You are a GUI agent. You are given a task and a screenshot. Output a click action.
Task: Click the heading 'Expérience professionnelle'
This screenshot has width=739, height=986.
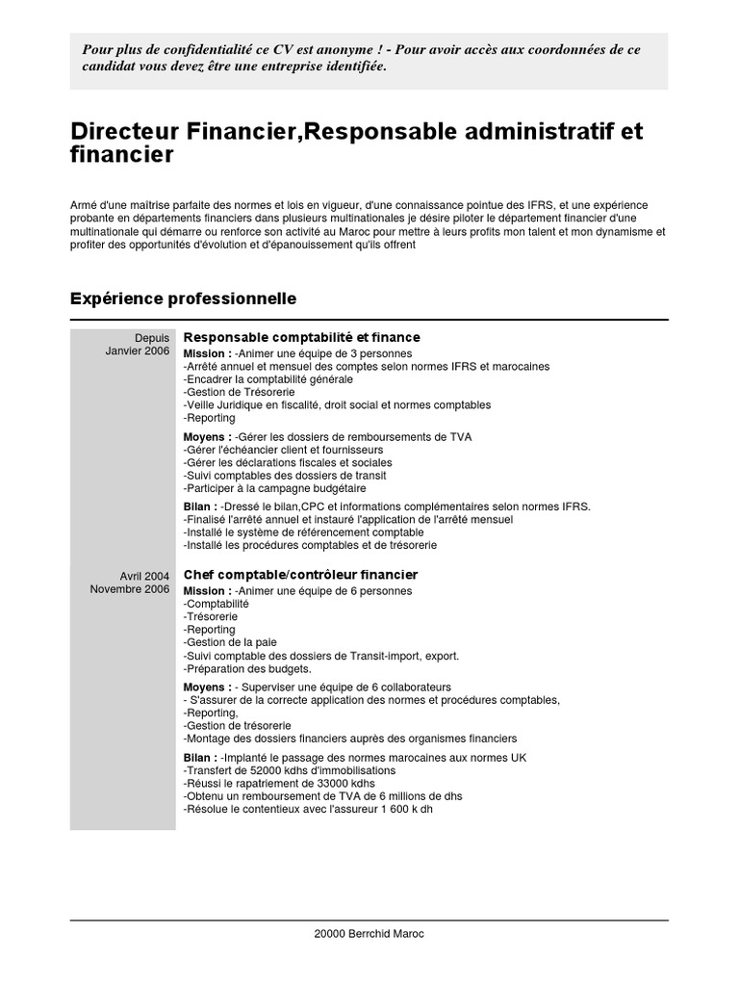(x=183, y=299)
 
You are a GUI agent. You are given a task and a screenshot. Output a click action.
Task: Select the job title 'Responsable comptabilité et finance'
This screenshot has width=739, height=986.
(x=301, y=337)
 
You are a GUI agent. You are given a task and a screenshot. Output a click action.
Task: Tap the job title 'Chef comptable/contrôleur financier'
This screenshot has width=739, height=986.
(x=300, y=575)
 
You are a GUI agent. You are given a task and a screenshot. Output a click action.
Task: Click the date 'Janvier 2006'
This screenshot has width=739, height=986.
(x=138, y=351)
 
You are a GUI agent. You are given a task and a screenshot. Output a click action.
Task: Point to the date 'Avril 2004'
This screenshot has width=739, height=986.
(x=144, y=576)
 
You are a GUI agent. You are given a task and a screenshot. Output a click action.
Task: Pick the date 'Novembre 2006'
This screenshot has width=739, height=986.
(x=130, y=589)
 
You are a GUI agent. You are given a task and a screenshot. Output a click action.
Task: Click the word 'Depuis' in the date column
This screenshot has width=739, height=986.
(x=152, y=338)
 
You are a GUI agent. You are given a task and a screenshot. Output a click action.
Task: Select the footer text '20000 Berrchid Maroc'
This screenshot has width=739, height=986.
(x=369, y=934)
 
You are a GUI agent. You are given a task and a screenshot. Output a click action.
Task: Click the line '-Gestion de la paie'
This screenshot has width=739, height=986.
(x=229, y=642)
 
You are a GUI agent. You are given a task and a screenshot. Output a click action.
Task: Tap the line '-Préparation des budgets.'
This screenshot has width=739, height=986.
(x=246, y=668)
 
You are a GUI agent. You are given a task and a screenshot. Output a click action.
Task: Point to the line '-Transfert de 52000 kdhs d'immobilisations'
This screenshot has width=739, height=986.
(x=289, y=770)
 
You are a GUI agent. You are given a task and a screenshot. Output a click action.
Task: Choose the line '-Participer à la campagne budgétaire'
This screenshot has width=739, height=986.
(x=274, y=488)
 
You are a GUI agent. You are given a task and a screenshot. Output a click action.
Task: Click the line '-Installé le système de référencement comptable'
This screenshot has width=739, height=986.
(x=302, y=532)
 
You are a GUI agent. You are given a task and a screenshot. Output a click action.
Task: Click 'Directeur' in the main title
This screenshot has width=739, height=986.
(x=123, y=131)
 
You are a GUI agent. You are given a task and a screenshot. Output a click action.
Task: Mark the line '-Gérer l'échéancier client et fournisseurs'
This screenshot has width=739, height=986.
(x=283, y=450)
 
